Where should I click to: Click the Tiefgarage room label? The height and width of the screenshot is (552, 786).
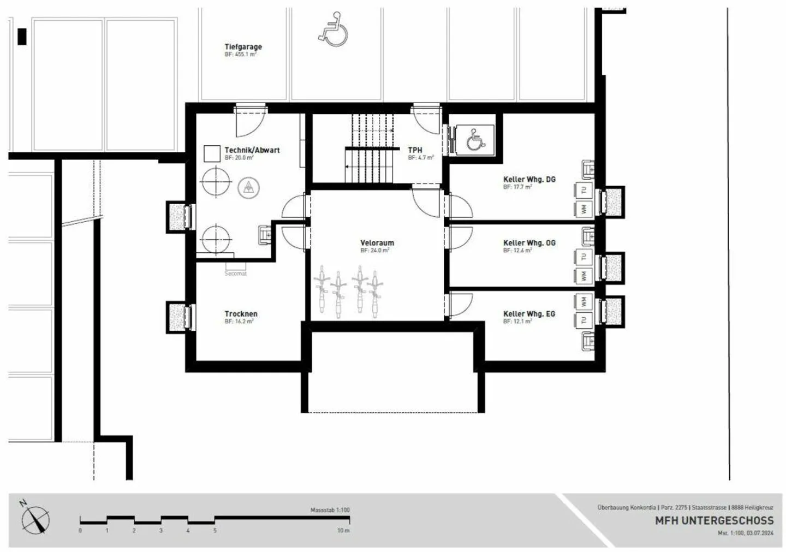coord(243,47)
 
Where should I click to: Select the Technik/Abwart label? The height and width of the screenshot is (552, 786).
coord(252,150)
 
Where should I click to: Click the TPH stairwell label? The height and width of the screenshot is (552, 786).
coord(415,150)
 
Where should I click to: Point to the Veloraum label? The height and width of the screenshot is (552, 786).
coord(377,243)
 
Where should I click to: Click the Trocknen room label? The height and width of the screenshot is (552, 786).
coord(241,314)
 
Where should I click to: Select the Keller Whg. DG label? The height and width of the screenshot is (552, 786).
coord(529,179)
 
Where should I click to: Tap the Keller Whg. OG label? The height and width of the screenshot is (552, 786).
coord(529,243)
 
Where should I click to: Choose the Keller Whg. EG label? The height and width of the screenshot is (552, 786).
coord(529,314)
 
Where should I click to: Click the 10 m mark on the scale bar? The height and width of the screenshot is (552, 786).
coord(343,530)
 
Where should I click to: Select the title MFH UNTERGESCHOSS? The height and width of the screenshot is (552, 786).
coord(714,520)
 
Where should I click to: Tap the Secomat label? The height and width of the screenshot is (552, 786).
coord(236,274)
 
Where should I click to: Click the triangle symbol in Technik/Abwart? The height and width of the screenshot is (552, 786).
coord(248,188)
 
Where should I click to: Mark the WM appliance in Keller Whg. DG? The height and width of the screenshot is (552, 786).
coord(583,209)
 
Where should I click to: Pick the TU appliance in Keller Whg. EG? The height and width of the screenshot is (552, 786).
coord(583,320)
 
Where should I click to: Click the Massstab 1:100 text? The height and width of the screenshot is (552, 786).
coord(330,510)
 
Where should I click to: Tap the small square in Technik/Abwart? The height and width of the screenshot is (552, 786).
coord(212,153)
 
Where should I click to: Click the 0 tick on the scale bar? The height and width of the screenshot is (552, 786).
coord(80,530)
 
